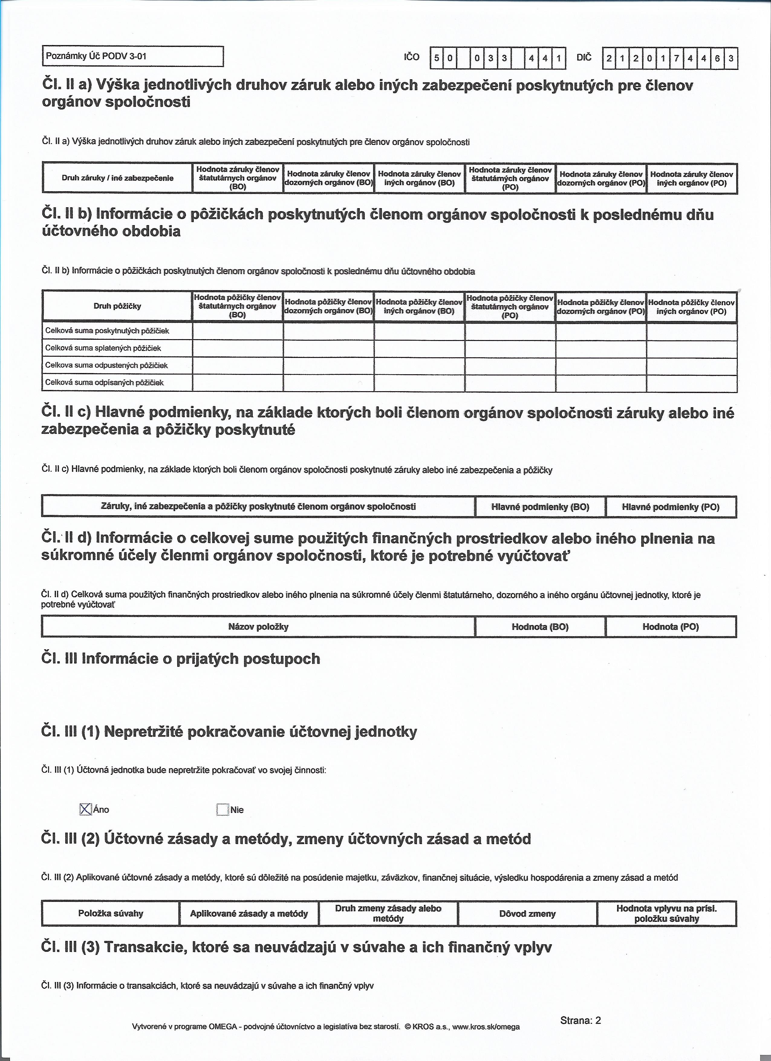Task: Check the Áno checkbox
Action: (85, 809)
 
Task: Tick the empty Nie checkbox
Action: (223, 810)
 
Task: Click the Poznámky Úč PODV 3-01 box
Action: (133, 57)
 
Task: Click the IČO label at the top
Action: (412, 57)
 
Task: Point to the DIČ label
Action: (584, 57)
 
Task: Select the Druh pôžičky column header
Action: (117, 306)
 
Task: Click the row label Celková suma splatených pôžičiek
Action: (103, 348)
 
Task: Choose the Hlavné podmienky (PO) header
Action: (671, 507)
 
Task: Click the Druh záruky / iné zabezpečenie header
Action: (117, 178)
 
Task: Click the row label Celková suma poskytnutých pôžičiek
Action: (107, 331)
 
